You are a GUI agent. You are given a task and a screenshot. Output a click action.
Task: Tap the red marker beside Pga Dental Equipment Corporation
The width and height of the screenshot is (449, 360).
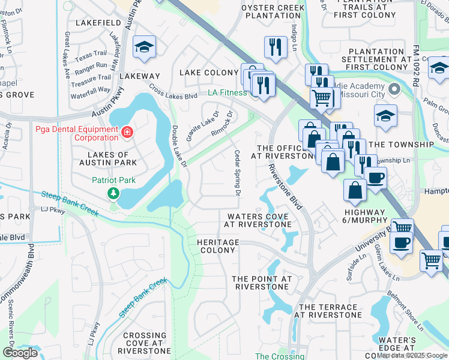[x=127, y=132]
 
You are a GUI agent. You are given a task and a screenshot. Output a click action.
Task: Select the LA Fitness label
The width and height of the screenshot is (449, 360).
[x=227, y=93]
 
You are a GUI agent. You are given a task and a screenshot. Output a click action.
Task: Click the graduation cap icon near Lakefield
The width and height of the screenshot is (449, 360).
[x=144, y=48]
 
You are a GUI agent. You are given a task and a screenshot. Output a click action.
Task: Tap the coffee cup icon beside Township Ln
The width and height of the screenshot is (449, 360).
[x=376, y=178]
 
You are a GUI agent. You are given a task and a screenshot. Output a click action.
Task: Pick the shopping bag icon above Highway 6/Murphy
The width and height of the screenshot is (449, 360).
[x=355, y=190]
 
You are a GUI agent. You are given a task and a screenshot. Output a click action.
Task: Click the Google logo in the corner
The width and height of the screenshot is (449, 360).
[x=20, y=353]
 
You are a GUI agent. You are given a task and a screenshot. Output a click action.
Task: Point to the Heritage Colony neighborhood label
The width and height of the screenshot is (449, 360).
[x=218, y=246]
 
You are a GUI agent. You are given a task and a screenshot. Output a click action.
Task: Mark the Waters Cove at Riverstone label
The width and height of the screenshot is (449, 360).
[x=258, y=220]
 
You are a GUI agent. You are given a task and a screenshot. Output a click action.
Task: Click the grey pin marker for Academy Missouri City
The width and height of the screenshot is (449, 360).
[x=394, y=90]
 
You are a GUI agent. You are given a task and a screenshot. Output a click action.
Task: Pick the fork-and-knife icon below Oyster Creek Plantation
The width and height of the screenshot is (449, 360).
[x=276, y=47]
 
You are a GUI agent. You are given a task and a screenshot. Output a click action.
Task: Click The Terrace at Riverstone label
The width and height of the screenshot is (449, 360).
[x=330, y=311]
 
